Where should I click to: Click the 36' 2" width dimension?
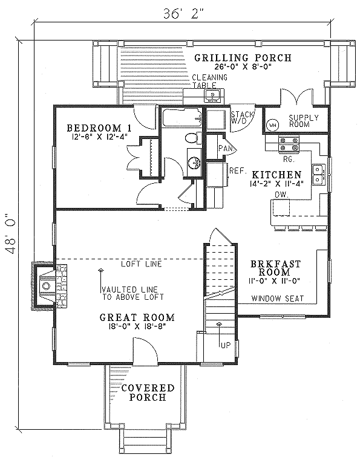[183, 13]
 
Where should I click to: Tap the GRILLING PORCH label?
[243, 57]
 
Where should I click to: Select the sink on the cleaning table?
[212, 96]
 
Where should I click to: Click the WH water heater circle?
[272, 125]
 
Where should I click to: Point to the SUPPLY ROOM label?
[304, 121]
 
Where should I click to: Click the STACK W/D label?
[242, 117]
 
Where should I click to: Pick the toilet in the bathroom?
[194, 138]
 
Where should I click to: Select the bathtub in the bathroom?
[181, 118]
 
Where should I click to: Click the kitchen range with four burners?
[289, 144]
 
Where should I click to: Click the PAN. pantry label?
[227, 149]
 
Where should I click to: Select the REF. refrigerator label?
[238, 170]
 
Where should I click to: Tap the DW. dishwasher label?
[281, 195]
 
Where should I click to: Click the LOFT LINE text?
[142, 264]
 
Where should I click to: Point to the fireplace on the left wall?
[49, 286]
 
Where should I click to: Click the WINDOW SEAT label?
[277, 299]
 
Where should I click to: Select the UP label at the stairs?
[225, 345]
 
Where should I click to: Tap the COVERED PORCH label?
[148, 392]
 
